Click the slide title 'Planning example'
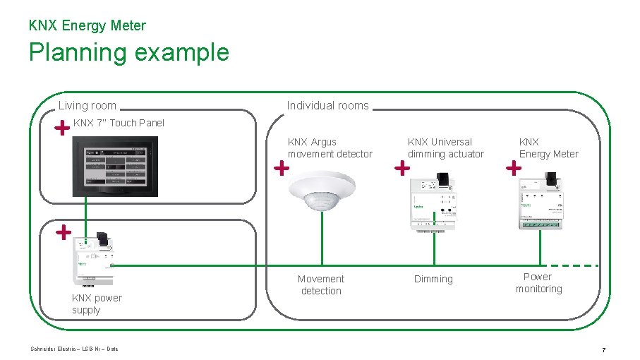[x=128, y=53]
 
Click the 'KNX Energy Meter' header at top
[x=87, y=25]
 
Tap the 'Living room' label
[x=87, y=106]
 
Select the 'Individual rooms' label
[x=327, y=106]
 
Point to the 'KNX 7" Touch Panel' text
[x=119, y=123]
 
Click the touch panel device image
[x=116, y=166]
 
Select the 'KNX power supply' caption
[x=97, y=304]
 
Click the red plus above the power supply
[x=63, y=231]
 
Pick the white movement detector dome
[x=322, y=191]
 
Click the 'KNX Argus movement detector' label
[x=330, y=148]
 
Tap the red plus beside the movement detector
[x=282, y=168]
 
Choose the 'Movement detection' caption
[x=321, y=284]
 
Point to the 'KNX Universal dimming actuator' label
[x=446, y=148]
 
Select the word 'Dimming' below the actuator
[x=433, y=280]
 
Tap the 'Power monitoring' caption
[x=538, y=282]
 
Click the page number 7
[x=603, y=349]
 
